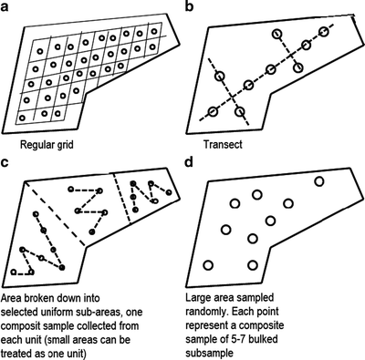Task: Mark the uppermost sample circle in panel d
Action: pyautogui.click(x=319, y=181)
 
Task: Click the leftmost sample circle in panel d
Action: pyautogui.click(x=207, y=265)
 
